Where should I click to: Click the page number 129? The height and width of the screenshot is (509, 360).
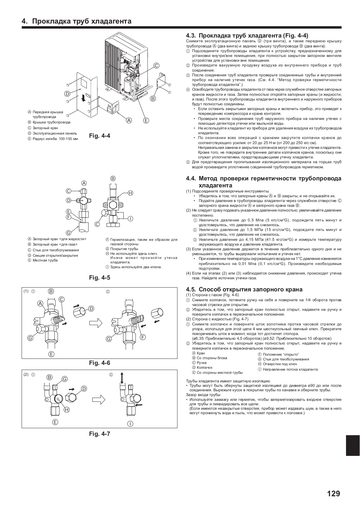pos(333,493)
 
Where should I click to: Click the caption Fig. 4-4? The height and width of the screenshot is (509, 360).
pos(100,136)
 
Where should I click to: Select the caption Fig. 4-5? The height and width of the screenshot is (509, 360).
pos(100,278)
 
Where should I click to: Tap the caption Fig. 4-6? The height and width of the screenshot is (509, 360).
pos(100,363)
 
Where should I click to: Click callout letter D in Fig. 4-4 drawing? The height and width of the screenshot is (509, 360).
pos(67,94)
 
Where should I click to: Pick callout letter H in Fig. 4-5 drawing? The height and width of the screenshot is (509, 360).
pos(130,193)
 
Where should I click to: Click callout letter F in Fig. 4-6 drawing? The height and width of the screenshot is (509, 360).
pos(143,337)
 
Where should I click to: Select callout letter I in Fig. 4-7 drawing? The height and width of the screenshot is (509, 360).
pos(130,423)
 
